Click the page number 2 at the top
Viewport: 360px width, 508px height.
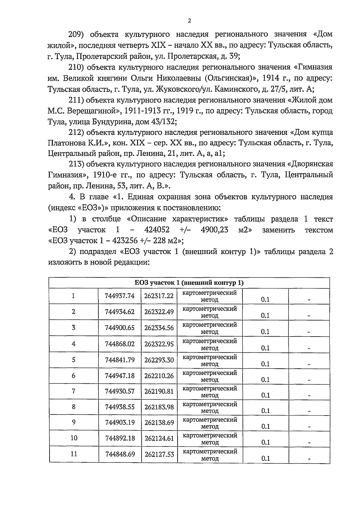point(189,20)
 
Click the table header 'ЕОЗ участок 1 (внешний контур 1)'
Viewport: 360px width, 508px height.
point(189,283)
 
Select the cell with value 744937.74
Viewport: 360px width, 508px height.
point(120,296)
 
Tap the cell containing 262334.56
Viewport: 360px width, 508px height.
point(159,328)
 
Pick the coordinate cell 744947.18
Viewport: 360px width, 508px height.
point(120,376)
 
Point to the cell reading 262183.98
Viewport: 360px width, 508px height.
point(159,407)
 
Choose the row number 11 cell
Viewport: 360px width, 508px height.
point(73,454)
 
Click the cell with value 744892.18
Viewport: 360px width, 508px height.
point(120,438)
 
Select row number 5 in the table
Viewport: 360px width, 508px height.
point(73,360)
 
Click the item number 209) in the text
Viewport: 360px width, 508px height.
point(76,34)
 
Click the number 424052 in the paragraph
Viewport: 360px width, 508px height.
point(157,230)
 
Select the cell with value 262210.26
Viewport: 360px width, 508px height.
point(159,376)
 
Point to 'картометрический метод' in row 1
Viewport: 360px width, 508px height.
point(210,296)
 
